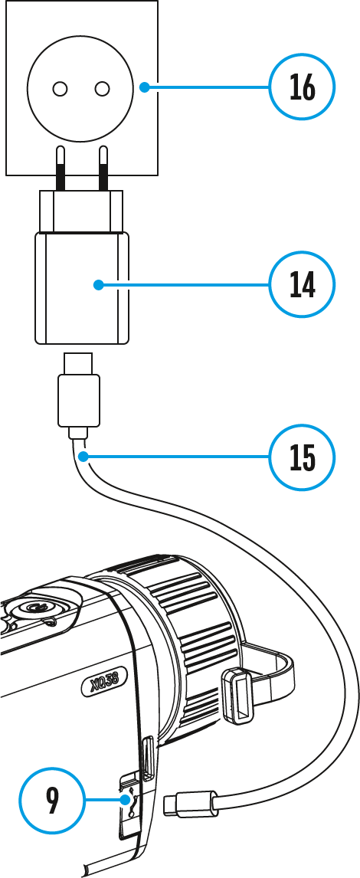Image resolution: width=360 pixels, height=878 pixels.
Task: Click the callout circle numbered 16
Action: click(x=302, y=87)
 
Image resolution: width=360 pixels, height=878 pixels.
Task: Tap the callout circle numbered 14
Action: click(x=302, y=285)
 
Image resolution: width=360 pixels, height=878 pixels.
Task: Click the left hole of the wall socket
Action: click(x=60, y=88)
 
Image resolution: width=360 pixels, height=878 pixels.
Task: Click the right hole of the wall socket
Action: click(x=102, y=88)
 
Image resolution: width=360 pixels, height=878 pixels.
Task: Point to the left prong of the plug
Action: click(x=60, y=168)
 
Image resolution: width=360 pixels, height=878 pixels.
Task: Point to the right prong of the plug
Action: click(x=103, y=168)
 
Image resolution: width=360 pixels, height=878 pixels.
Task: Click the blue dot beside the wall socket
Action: click(x=144, y=87)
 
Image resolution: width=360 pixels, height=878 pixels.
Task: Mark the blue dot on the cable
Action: click(x=82, y=457)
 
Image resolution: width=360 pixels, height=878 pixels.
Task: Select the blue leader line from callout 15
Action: click(x=175, y=457)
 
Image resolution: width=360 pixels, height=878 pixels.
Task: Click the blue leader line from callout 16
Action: click(x=206, y=87)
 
